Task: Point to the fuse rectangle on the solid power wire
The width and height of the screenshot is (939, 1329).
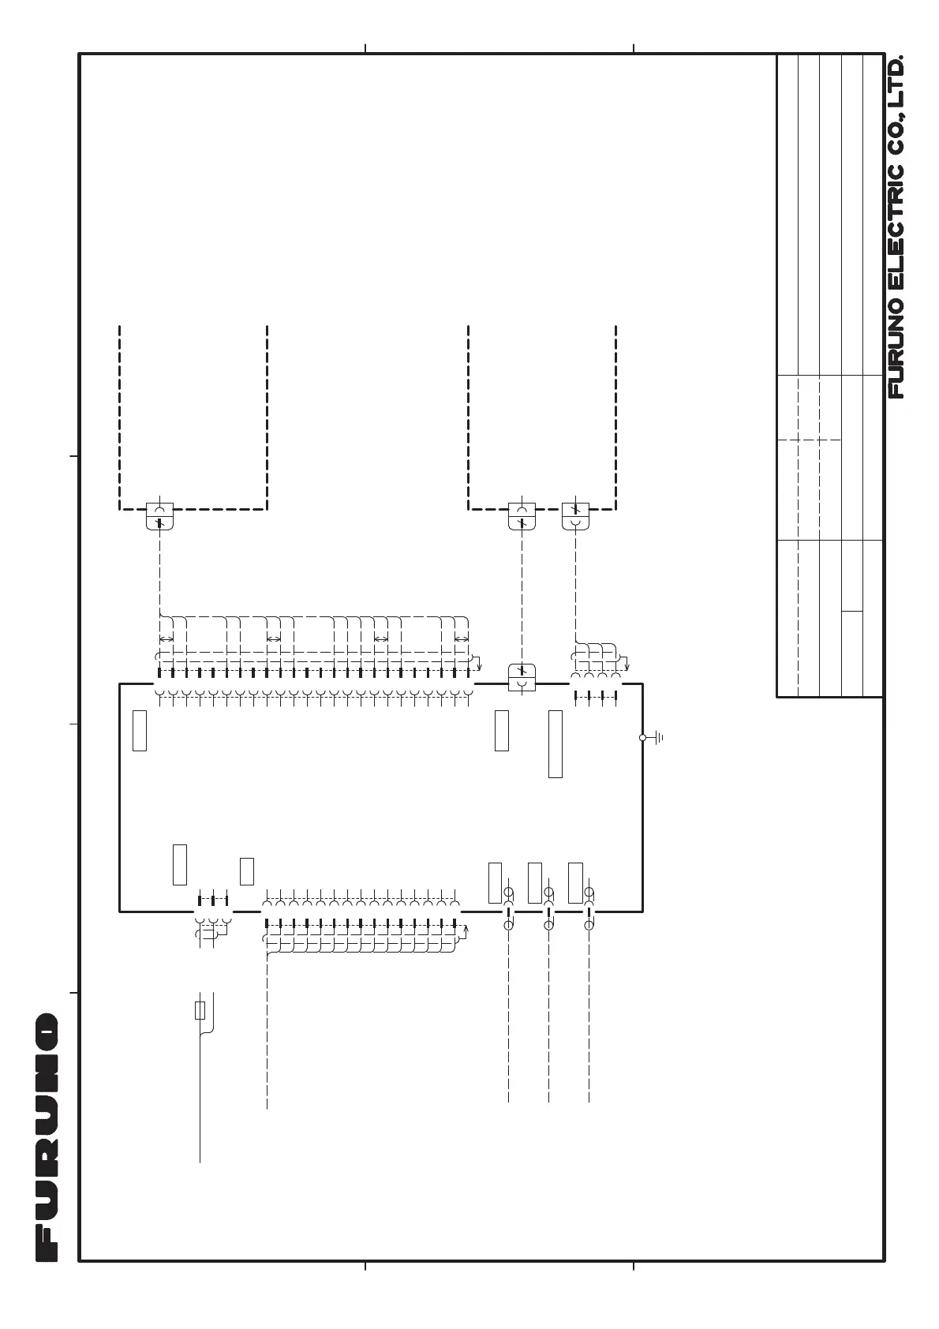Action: [200, 1010]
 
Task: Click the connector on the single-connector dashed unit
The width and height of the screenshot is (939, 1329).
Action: [159, 516]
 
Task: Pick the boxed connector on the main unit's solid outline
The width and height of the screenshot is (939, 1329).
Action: [522, 677]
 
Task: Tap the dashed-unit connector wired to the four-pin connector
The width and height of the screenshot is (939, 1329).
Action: [575, 516]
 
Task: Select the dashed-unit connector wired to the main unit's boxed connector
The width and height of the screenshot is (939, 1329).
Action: [522, 516]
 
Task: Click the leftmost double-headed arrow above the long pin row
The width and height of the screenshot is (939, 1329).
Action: [166, 639]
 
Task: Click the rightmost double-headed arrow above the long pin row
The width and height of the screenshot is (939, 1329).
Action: [462, 639]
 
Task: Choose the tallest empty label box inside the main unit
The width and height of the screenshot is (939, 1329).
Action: [556, 744]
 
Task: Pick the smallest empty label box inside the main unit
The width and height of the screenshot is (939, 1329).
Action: [247, 871]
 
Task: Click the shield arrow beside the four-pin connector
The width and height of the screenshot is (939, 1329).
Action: [626, 661]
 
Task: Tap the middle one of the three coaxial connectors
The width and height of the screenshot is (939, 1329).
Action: [548, 909]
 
